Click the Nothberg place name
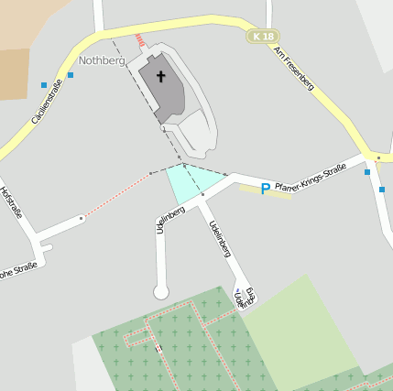pos(101,60)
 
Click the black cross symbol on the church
pos(162,76)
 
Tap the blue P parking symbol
pos(266,189)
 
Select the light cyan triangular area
pos(191,182)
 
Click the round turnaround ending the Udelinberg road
pos(161,292)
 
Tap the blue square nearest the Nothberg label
pos(71,74)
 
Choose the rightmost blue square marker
pos(382,190)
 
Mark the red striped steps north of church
pos(140,41)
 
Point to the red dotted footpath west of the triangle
pos(116,195)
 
